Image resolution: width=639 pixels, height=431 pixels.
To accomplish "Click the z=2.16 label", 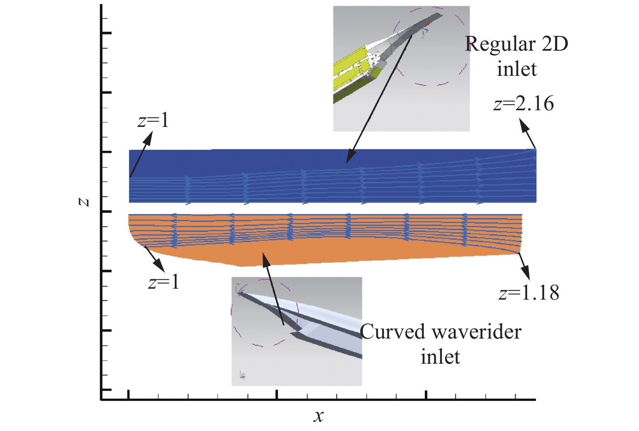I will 523,104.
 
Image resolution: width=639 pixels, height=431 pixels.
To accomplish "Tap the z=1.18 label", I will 529,292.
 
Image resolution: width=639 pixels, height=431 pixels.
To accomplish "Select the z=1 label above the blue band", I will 153,120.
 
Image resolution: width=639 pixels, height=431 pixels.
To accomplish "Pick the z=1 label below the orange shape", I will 164,282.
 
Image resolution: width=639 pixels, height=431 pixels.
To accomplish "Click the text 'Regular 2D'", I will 516,44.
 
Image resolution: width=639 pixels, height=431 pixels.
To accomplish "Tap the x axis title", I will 318,416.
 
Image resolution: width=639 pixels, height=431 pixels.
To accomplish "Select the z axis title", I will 84,202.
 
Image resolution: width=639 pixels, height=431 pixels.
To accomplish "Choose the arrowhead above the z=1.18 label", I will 526,274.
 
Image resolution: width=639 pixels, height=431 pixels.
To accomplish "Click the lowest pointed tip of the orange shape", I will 242,266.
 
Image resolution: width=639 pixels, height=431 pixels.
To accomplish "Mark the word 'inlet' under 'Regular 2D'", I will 516,69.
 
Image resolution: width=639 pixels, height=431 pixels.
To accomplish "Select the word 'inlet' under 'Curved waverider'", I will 440,357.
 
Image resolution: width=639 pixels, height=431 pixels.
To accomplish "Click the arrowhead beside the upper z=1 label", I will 148,137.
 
